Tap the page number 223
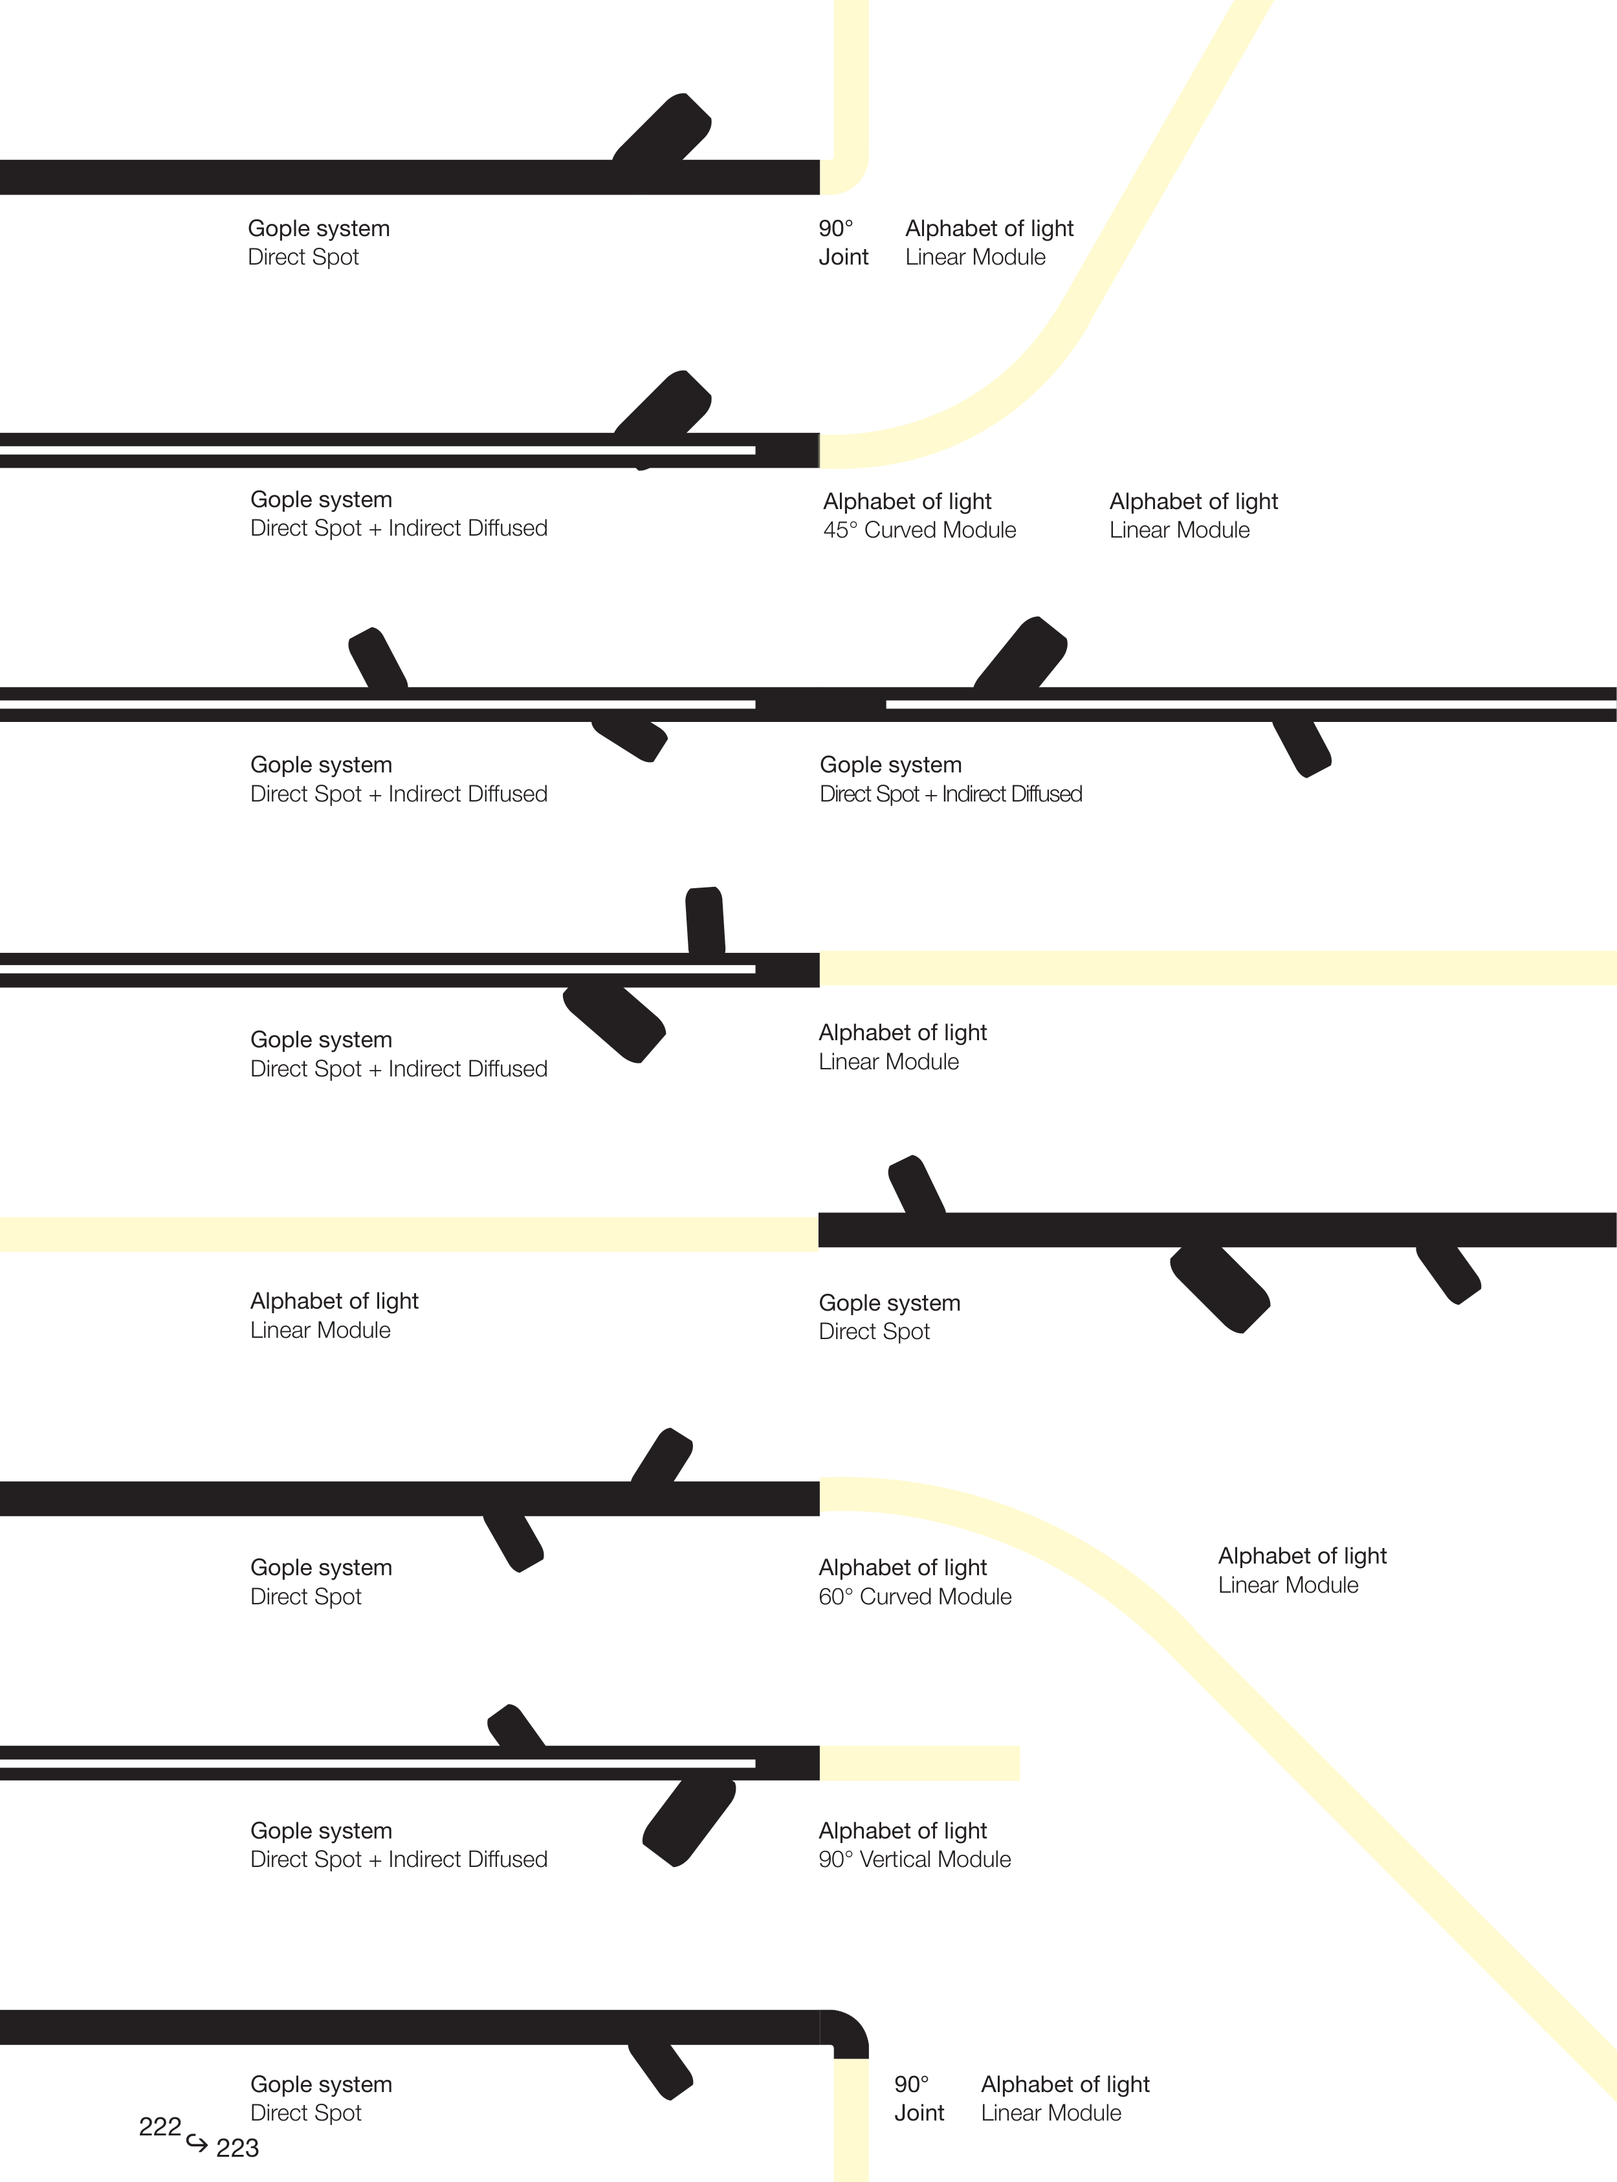tap(237, 2147)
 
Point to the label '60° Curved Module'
tap(914, 1596)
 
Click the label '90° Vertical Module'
tap(914, 1859)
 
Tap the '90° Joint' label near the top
tap(842, 243)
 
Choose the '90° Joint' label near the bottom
tap(918, 2098)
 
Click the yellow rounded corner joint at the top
tap(846, 176)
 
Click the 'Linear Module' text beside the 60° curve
tap(1288, 1585)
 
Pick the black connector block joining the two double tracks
tap(820, 704)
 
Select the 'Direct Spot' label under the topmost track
tap(303, 257)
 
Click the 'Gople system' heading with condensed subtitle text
tap(891, 765)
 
